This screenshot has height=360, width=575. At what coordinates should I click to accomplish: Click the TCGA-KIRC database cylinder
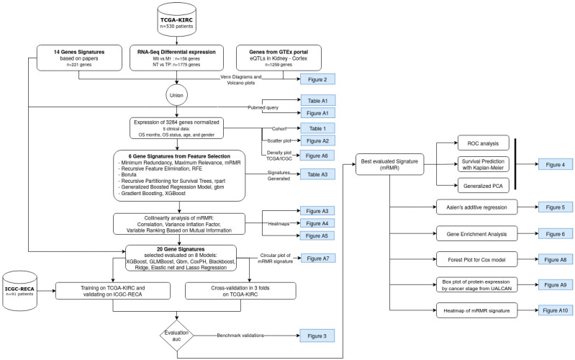177,19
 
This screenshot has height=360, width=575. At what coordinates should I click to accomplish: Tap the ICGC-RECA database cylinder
19,291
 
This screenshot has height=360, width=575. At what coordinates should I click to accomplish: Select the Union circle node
176,95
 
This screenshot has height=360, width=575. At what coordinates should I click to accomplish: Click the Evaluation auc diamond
177,336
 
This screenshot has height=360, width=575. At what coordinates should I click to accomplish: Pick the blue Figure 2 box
317,79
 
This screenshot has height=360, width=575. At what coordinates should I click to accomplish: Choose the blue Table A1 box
317,101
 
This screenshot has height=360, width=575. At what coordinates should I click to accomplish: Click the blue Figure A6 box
317,156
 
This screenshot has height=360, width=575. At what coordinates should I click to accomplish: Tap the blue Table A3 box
317,174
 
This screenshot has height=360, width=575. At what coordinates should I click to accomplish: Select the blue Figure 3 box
317,336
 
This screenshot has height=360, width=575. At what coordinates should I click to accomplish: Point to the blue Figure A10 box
555,310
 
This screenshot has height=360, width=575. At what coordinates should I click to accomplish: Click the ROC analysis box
484,143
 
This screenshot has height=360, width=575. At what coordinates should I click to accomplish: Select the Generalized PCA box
484,186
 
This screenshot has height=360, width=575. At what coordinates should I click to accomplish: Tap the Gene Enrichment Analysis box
476,234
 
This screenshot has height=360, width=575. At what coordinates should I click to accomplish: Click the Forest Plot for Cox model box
476,259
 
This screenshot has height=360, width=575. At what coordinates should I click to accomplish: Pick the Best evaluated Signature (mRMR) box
389,164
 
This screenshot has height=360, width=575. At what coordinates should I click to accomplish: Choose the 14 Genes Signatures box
79,58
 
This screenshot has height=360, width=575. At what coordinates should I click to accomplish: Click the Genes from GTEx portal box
279,58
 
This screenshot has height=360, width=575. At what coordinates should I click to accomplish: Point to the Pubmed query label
263,107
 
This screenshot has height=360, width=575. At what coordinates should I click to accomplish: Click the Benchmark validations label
240,336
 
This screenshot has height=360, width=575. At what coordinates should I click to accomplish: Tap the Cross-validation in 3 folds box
240,291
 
